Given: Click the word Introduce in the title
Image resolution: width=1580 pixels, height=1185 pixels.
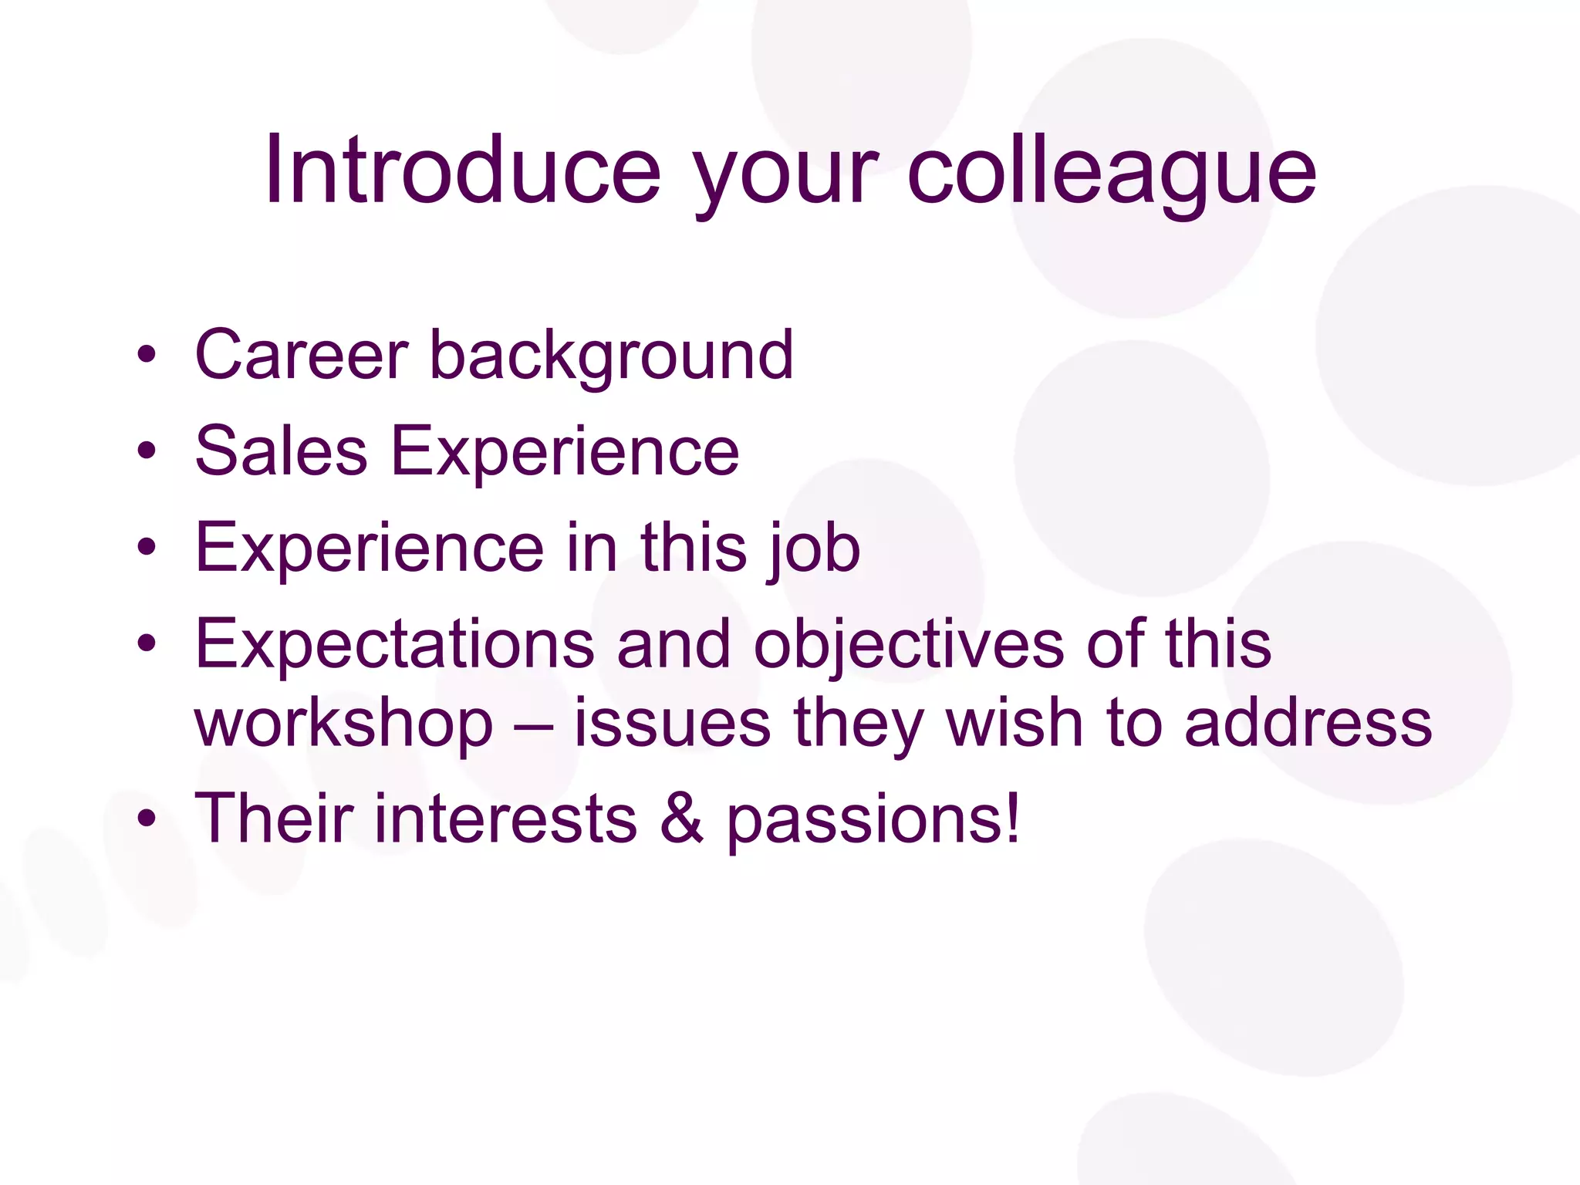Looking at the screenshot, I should (463, 170).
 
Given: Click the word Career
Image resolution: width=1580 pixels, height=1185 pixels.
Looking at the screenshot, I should (301, 356).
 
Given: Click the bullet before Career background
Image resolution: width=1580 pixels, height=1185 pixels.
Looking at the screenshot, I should (147, 354).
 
